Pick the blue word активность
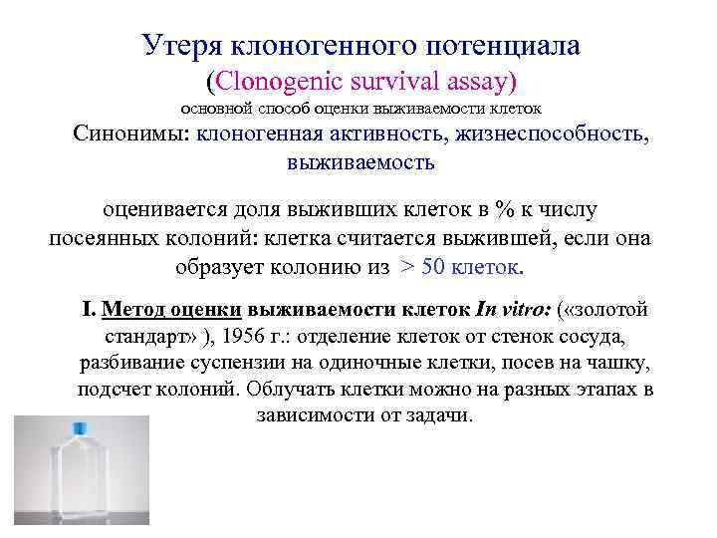[378, 135]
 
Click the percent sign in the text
[507, 211]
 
